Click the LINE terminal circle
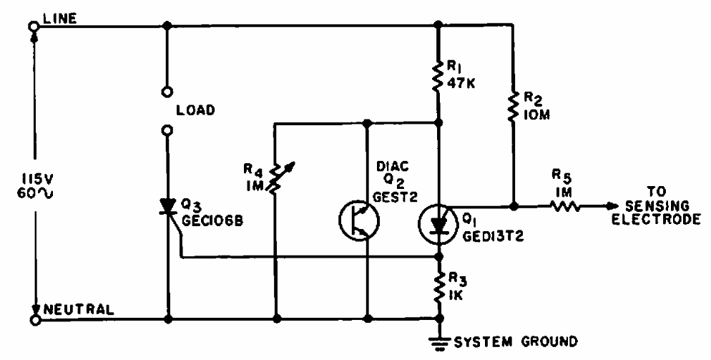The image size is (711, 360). pyautogui.click(x=33, y=26)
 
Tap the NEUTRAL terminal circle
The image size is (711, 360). pyautogui.click(x=34, y=320)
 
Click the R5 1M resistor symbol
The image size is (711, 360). pyautogui.click(x=564, y=206)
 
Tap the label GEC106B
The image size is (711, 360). pyautogui.click(x=211, y=221)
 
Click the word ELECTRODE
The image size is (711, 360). pyautogui.click(x=656, y=219)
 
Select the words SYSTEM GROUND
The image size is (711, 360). pyautogui.click(x=516, y=341)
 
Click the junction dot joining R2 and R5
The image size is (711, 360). pyautogui.click(x=513, y=206)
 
